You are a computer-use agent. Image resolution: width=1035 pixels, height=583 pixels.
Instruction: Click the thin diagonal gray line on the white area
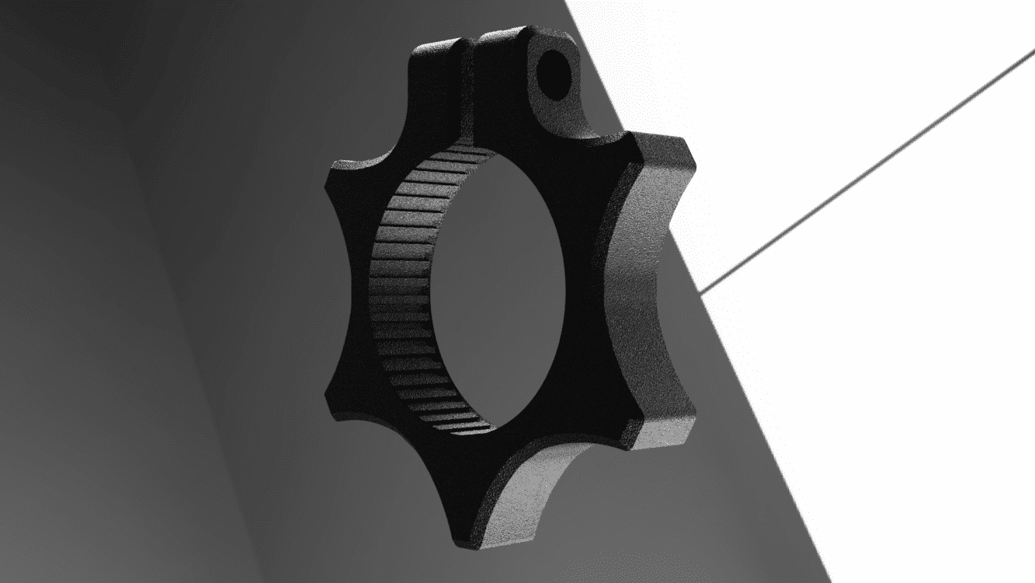tap(870, 171)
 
